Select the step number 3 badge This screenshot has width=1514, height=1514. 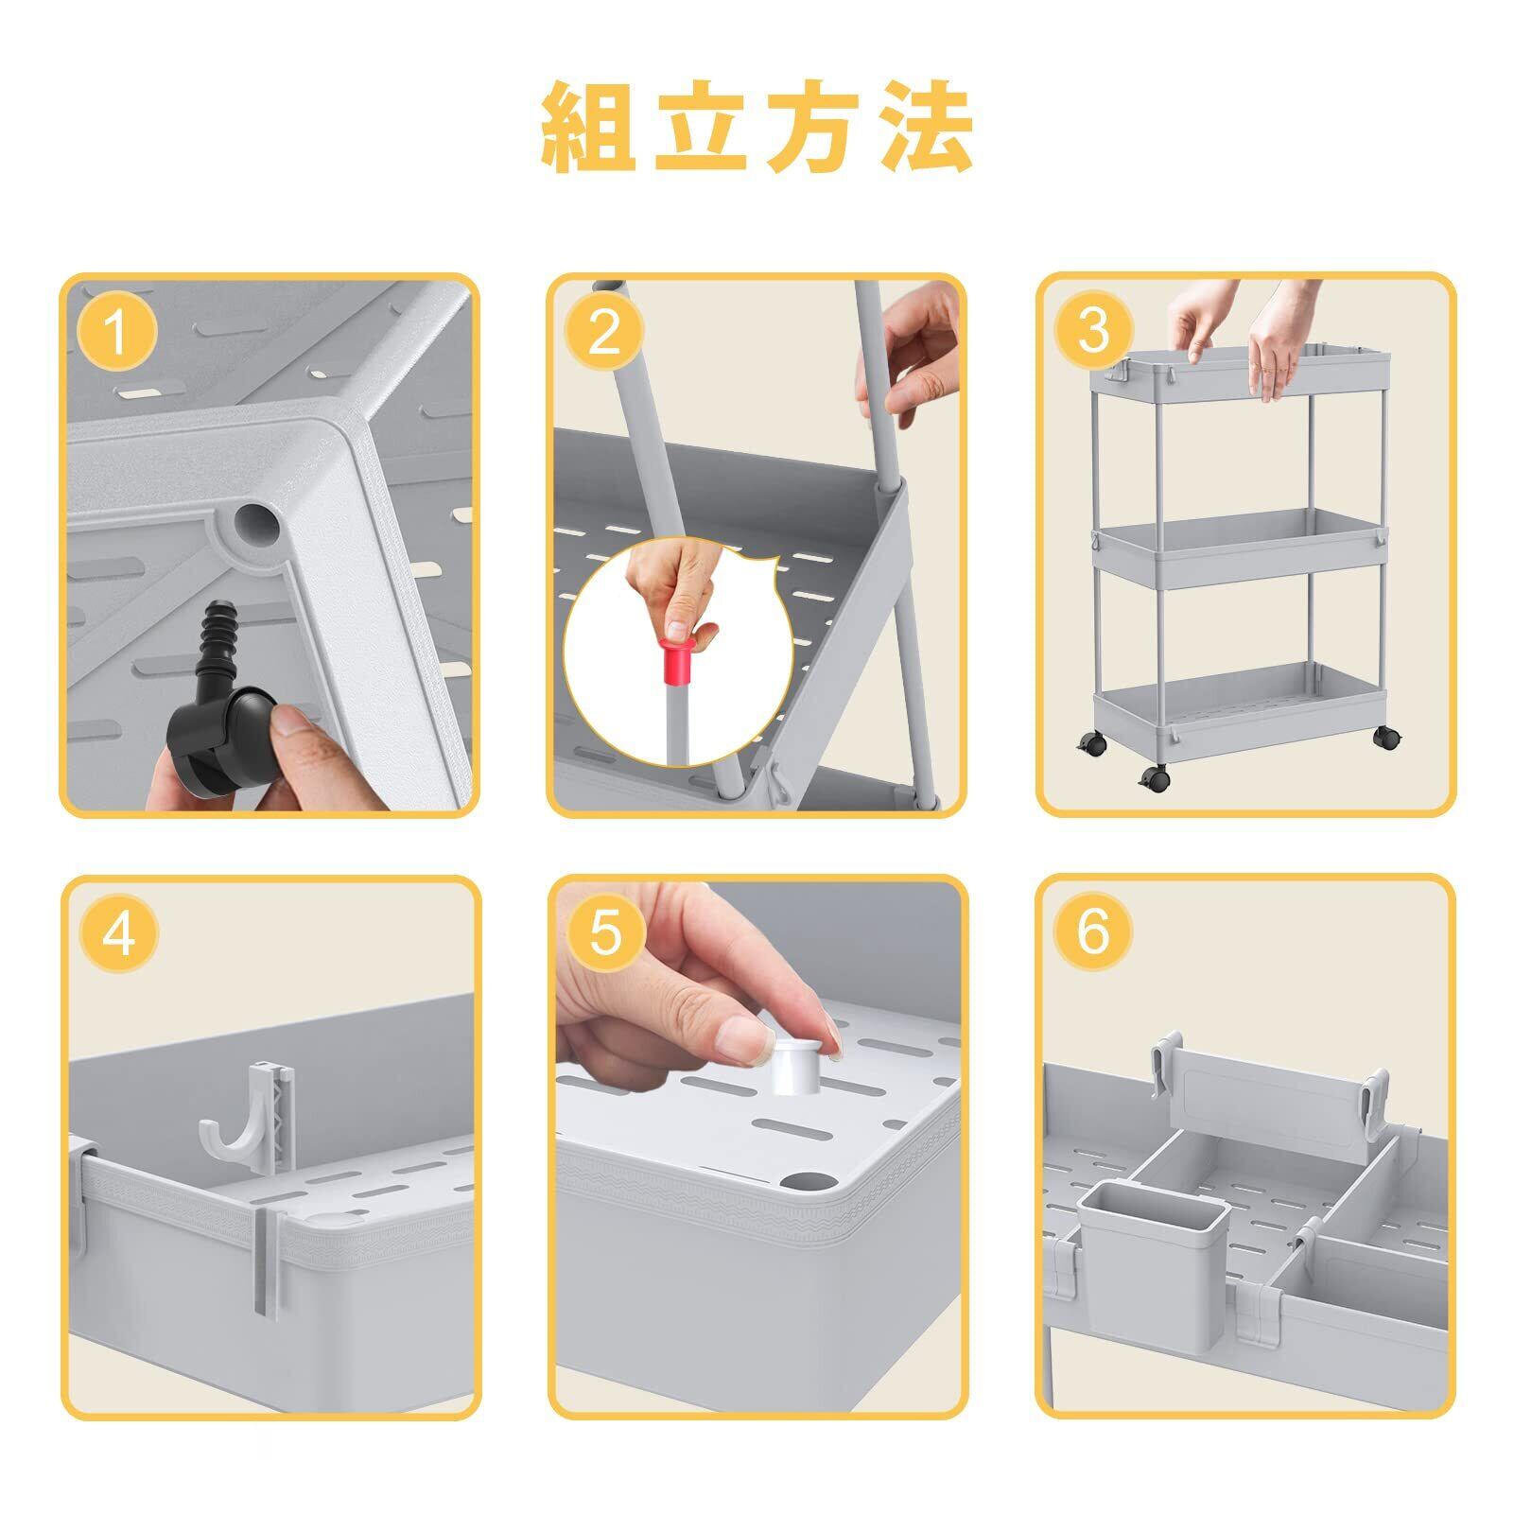tap(1093, 330)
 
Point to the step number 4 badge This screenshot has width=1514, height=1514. tap(118, 933)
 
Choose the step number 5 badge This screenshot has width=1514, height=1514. tap(605, 933)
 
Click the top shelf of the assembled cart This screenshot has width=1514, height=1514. tap(1241, 376)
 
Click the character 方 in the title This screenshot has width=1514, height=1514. tap(813, 128)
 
